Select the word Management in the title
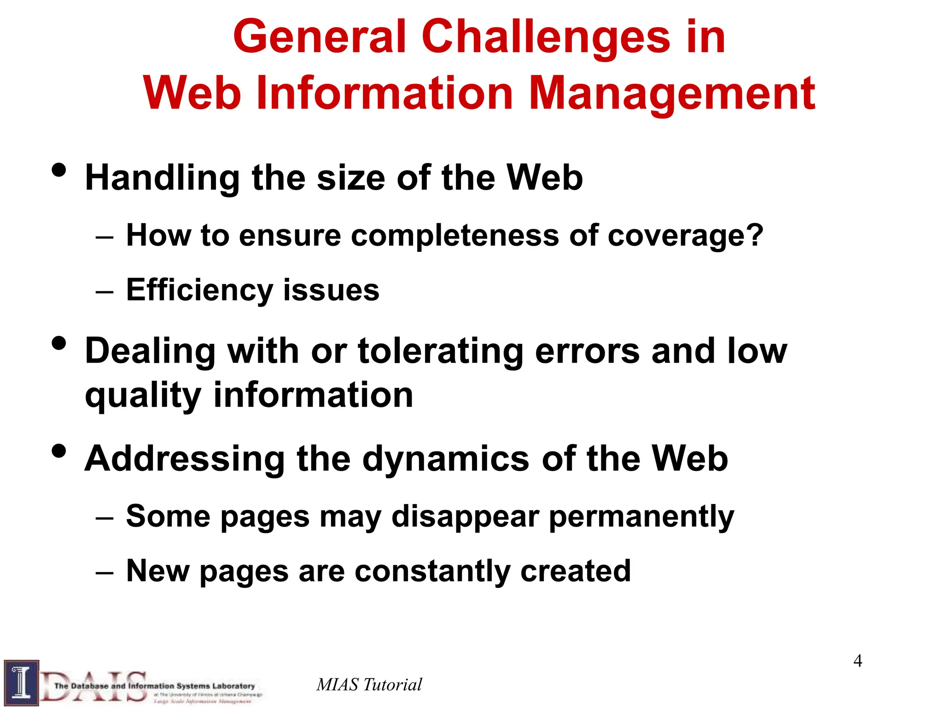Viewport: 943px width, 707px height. (x=672, y=94)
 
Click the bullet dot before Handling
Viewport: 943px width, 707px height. (x=59, y=170)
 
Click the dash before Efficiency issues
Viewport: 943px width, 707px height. (x=105, y=292)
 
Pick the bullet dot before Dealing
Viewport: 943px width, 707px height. (x=59, y=343)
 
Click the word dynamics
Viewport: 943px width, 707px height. (x=446, y=458)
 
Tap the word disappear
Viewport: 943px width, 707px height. (x=465, y=516)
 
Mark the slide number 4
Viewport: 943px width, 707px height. (x=857, y=661)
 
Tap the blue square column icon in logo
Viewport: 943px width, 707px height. (x=21, y=683)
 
